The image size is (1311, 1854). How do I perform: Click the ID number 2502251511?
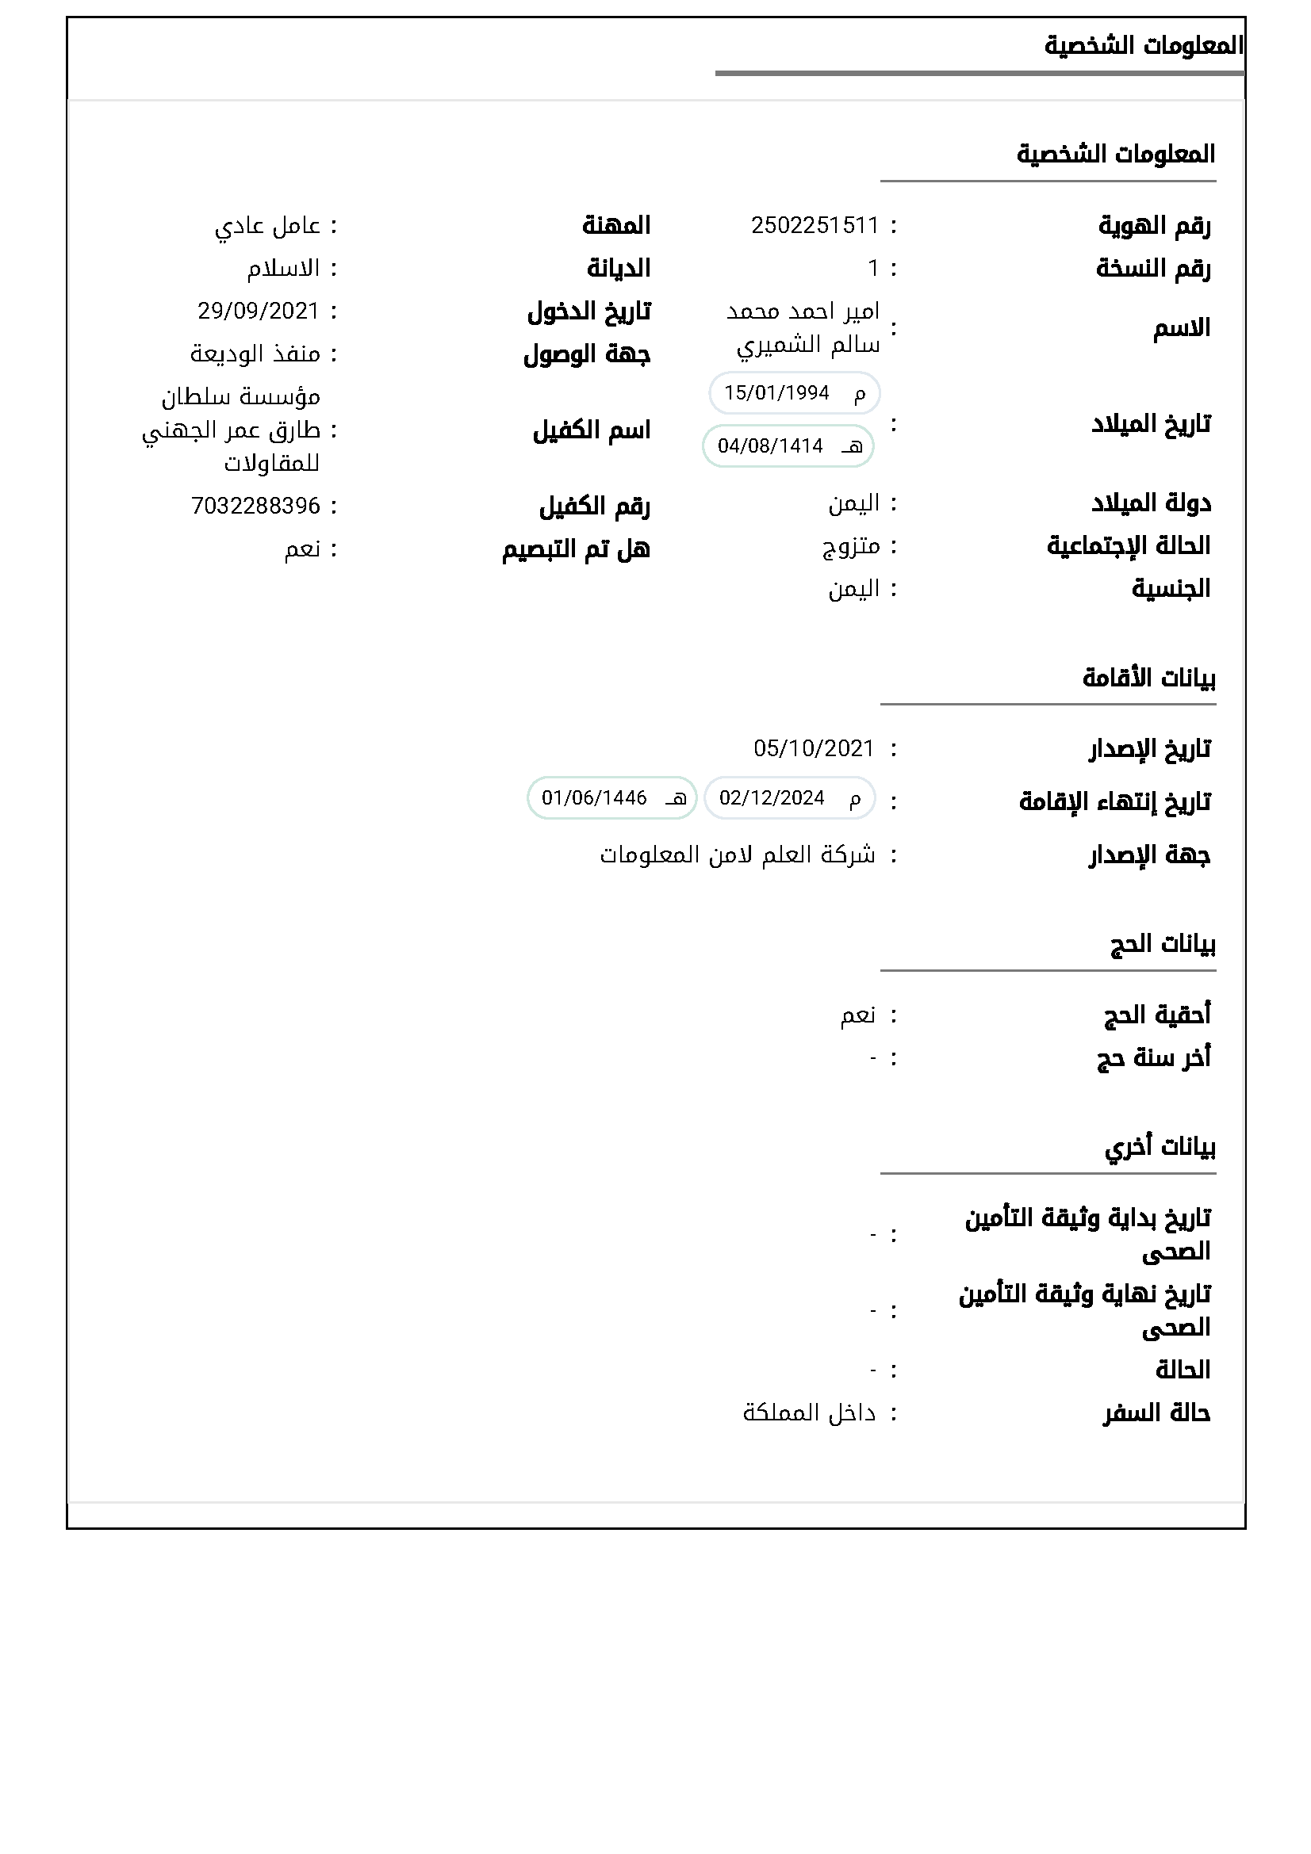815,225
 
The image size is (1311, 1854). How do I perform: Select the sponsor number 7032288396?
255,507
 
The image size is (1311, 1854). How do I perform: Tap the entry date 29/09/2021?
259,311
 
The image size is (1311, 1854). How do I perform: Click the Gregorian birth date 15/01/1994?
777,393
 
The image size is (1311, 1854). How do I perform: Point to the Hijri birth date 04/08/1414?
771,445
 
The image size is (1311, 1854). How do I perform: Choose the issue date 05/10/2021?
814,748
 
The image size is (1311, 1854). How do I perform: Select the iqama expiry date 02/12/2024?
772,798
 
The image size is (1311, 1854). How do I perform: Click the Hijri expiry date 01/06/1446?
594,798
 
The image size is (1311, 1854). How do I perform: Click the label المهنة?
616,225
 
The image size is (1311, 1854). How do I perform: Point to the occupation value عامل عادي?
267,226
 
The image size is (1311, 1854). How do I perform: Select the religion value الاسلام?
283,268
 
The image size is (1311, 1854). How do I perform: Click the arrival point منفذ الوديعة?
255,354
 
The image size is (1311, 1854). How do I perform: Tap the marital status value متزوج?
850,547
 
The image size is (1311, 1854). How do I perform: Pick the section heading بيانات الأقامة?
1148,678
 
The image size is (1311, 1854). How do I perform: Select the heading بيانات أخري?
1160,1147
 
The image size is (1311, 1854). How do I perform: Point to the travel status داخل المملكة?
809,1413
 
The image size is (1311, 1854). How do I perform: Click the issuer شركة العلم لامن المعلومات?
737,854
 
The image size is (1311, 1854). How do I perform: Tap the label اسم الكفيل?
592,430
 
